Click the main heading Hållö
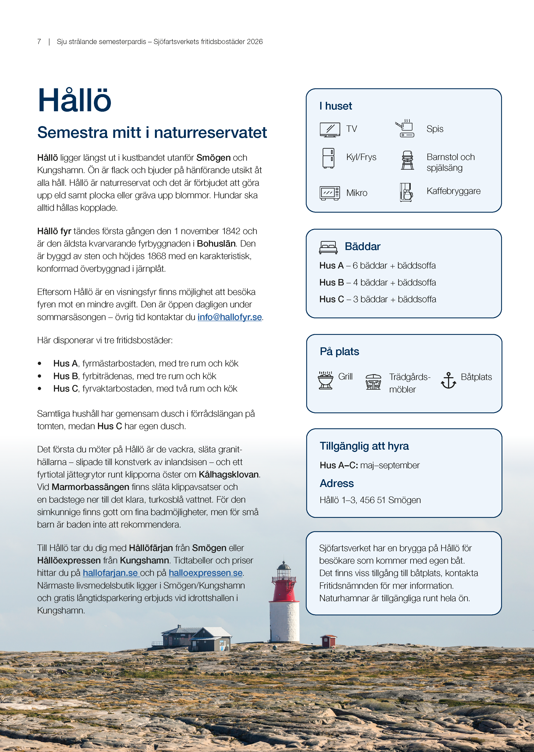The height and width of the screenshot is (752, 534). [x=75, y=100]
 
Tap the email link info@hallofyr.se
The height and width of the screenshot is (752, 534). [x=230, y=317]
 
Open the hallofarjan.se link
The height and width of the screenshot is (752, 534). [x=110, y=573]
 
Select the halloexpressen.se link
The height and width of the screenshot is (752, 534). [x=205, y=573]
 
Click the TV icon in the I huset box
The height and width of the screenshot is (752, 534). [x=329, y=129]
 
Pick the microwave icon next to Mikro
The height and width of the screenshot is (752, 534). [x=329, y=193]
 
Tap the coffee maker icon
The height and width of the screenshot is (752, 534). [x=406, y=192]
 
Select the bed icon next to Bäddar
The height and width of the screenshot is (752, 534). [x=328, y=247]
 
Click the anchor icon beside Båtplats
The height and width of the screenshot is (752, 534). [x=448, y=380]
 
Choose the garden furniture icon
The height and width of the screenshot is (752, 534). [x=373, y=382]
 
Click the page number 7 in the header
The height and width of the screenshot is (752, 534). [x=39, y=42]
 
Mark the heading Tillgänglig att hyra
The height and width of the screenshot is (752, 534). [x=364, y=446]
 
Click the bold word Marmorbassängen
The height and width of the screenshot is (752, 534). [x=90, y=487]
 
